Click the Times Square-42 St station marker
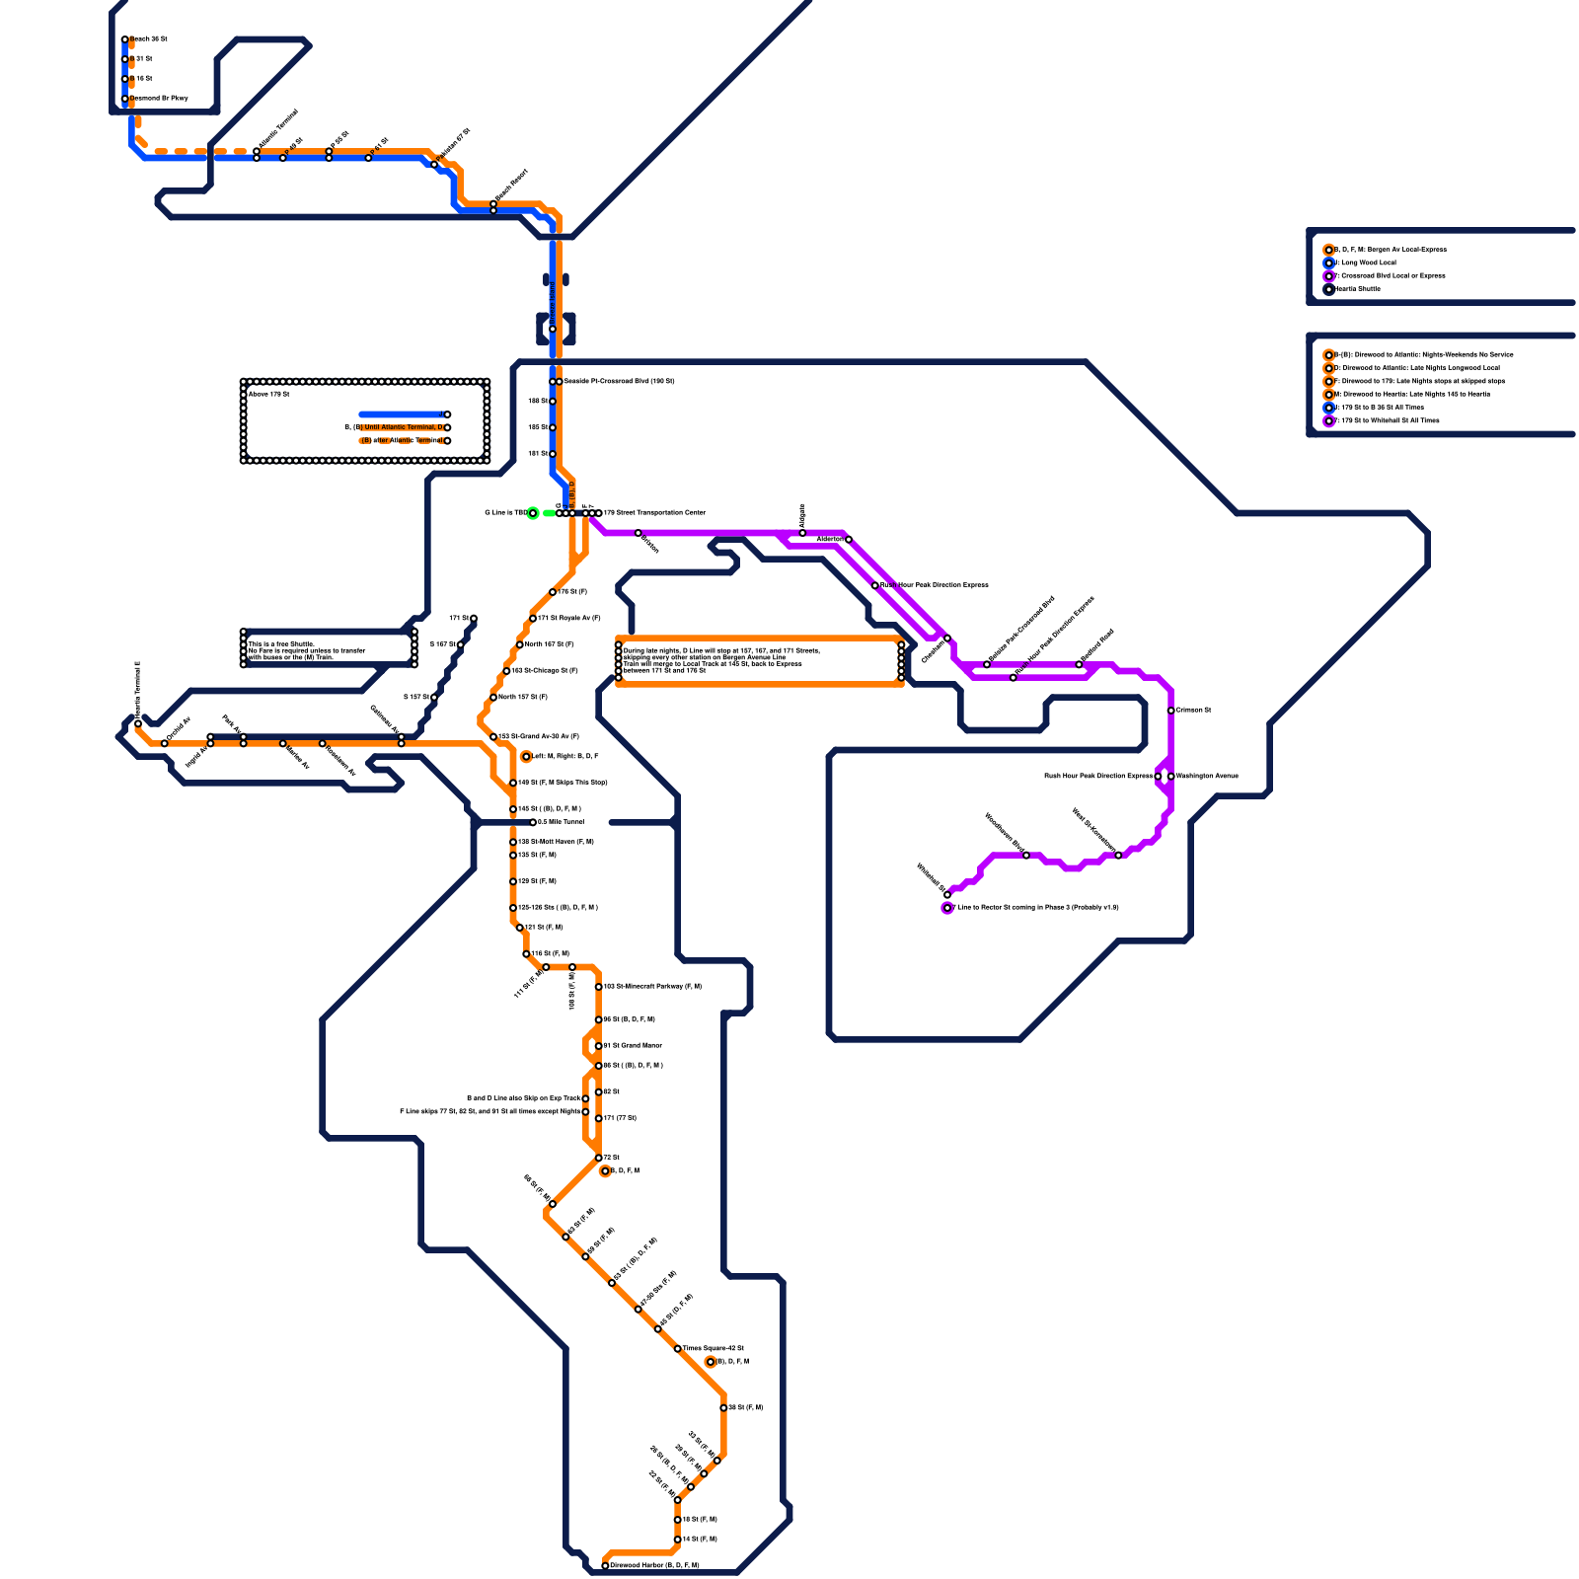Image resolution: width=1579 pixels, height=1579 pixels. click(678, 1348)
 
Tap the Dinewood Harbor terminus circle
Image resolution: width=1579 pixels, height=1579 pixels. click(606, 1565)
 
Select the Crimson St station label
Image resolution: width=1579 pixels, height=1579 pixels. click(1193, 710)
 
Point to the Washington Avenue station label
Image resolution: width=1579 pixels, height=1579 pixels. click(1207, 776)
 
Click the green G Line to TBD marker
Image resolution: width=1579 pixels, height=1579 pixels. click(533, 513)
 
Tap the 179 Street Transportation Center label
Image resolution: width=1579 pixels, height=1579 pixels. click(654, 512)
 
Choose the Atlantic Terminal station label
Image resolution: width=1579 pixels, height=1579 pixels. click(278, 129)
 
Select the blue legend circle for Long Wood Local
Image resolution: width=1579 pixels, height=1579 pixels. click(1329, 263)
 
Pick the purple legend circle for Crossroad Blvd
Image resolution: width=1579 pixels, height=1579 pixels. click(1329, 276)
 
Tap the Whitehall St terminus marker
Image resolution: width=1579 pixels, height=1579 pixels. click(947, 894)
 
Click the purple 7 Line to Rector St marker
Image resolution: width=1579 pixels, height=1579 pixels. click(947, 908)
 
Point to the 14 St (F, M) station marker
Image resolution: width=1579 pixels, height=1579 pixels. click(678, 1539)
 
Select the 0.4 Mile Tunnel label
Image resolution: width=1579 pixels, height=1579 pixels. click(561, 821)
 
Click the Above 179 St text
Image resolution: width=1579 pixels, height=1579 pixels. click(268, 394)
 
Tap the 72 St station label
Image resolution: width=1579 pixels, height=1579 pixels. click(612, 1157)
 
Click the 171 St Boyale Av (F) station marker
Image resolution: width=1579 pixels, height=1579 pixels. click(533, 619)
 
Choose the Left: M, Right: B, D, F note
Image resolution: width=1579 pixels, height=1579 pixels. click(565, 756)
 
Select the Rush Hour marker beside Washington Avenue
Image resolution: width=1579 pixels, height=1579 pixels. click(1159, 777)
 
